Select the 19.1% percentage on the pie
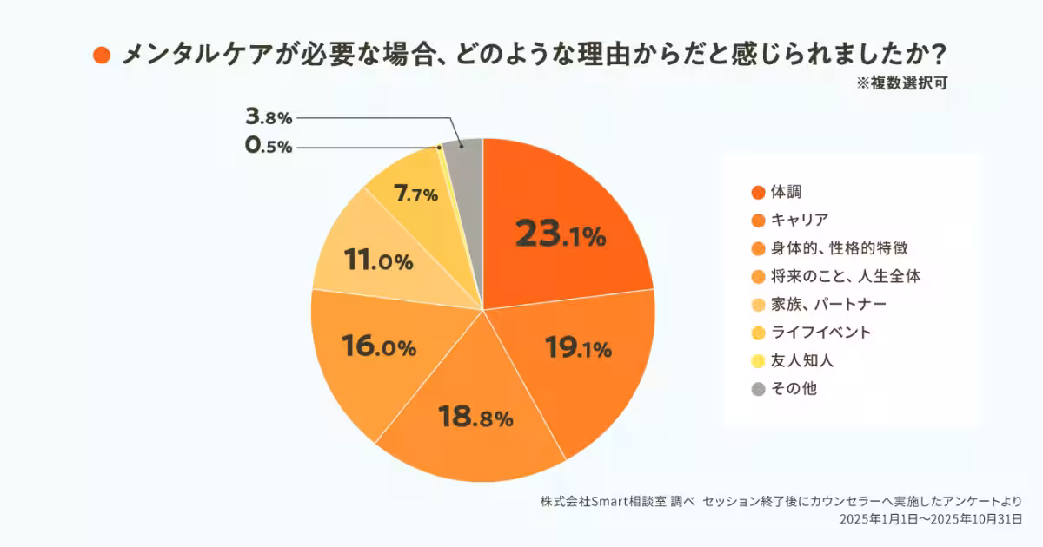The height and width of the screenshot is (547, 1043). tap(578, 348)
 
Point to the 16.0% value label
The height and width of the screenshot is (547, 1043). tap(379, 347)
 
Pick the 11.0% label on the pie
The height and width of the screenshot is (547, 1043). tap(377, 260)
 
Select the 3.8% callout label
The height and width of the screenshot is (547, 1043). tap(269, 116)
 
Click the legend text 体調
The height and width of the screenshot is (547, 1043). tap(785, 192)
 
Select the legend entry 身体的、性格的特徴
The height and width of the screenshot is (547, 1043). tap(839, 248)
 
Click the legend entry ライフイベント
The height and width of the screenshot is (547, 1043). tap(820, 333)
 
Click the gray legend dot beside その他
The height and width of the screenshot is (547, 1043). tap(757, 389)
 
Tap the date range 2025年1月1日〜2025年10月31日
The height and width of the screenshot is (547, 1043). tap(930, 518)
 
